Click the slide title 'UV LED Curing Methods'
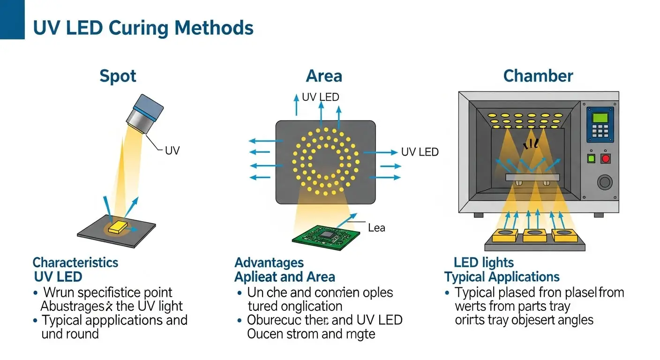pyautogui.click(x=143, y=28)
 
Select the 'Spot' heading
pyautogui.click(x=118, y=76)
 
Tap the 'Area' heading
pyautogui.click(x=323, y=76)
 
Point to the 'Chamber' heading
pyautogui.click(x=538, y=76)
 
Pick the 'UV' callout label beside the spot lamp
pyautogui.click(x=172, y=151)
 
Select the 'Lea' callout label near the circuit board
pyautogui.click(x=376, y=228)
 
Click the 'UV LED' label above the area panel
pyautogui.click(x=320, y=97)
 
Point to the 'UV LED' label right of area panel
pyautogui.click(x=420, y=152)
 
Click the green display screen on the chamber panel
pyautogui.click(x=600, y=117)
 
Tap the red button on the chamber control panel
pyautogui.click(x=606, y=158)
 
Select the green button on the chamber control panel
pyautogui.click(x=591, y=158)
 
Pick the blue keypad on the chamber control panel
pyautogui.click(x=600, y=132)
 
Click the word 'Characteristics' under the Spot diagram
pyautogui.click(x=75, y=262)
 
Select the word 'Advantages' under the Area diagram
pyautogui.click(x=269, y=262)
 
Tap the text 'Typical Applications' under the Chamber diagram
pyautogui.click(x=502, y=277)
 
